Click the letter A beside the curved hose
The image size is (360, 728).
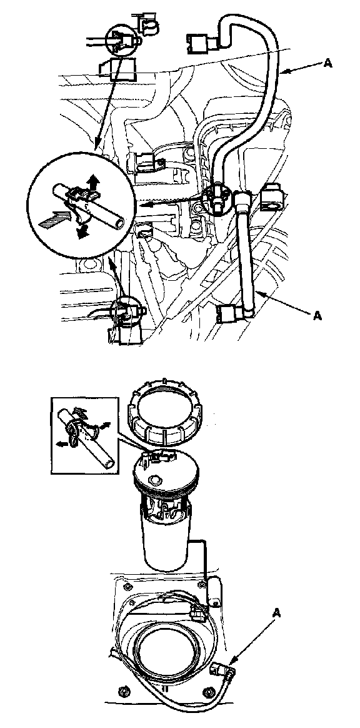tap(327, 63)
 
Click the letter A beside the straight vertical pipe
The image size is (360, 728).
tap(317, 316)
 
